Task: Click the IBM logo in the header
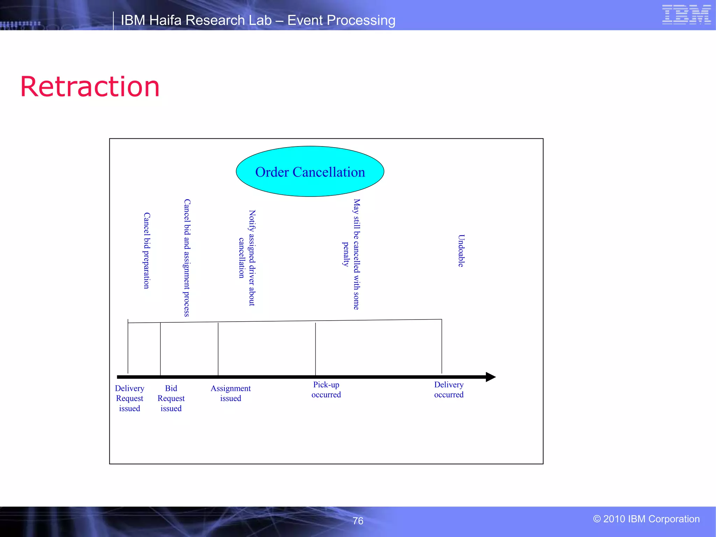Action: coord(686,15)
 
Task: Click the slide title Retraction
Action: coord(90,87)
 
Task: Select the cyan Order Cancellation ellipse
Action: coord(310,171)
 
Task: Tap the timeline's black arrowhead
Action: coord(491,377)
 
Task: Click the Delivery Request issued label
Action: coord(129,398)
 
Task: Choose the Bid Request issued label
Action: coord(171,398)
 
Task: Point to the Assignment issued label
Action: coord(230,393)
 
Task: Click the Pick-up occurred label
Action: coord(326,389)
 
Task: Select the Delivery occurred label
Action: coord(449,389)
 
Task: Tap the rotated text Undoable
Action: coord(461,251)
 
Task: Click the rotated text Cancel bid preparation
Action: coord(147,250)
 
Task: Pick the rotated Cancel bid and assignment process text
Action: coord(187,258)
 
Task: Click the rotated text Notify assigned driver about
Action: coord(252,258)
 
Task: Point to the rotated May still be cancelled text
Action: coord(356,254)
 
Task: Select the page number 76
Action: coord(358,521)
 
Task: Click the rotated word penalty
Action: coord(345,254)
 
